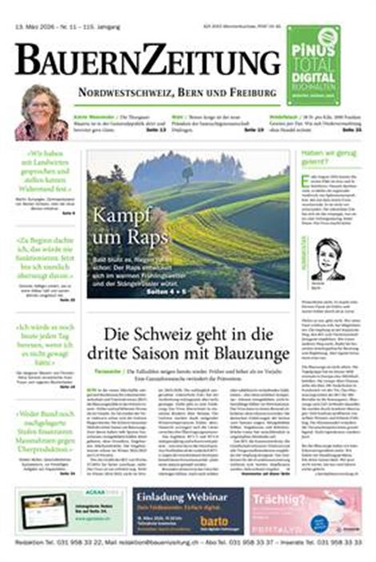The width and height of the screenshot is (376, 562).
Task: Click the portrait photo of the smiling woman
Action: [x=41, y=112]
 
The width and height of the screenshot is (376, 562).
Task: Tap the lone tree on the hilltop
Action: [x=187, y=172]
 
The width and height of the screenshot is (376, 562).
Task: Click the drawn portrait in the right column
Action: [x=328, y=259]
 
